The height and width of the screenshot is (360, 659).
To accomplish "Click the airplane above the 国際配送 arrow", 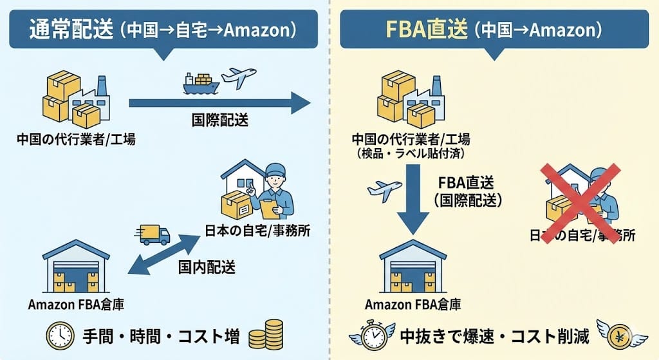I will (x=238, y=77).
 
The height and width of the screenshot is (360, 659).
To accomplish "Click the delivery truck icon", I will (x=154, y=234).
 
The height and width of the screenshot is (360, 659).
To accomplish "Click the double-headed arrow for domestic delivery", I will (x=163, y=254).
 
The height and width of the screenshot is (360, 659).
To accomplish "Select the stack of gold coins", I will (x=265, y=335).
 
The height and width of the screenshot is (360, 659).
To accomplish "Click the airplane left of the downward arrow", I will (x=384, y=191).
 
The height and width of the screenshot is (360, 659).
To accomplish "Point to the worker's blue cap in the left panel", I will (x=275, y=171).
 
